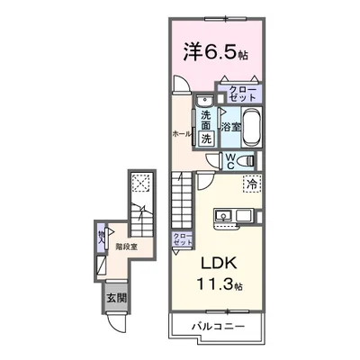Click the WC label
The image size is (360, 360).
coord(230,163)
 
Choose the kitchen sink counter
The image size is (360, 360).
coord(233,217)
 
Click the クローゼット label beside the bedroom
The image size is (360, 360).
coord(241,94)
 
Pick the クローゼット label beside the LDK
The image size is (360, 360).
coord(182,238)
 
